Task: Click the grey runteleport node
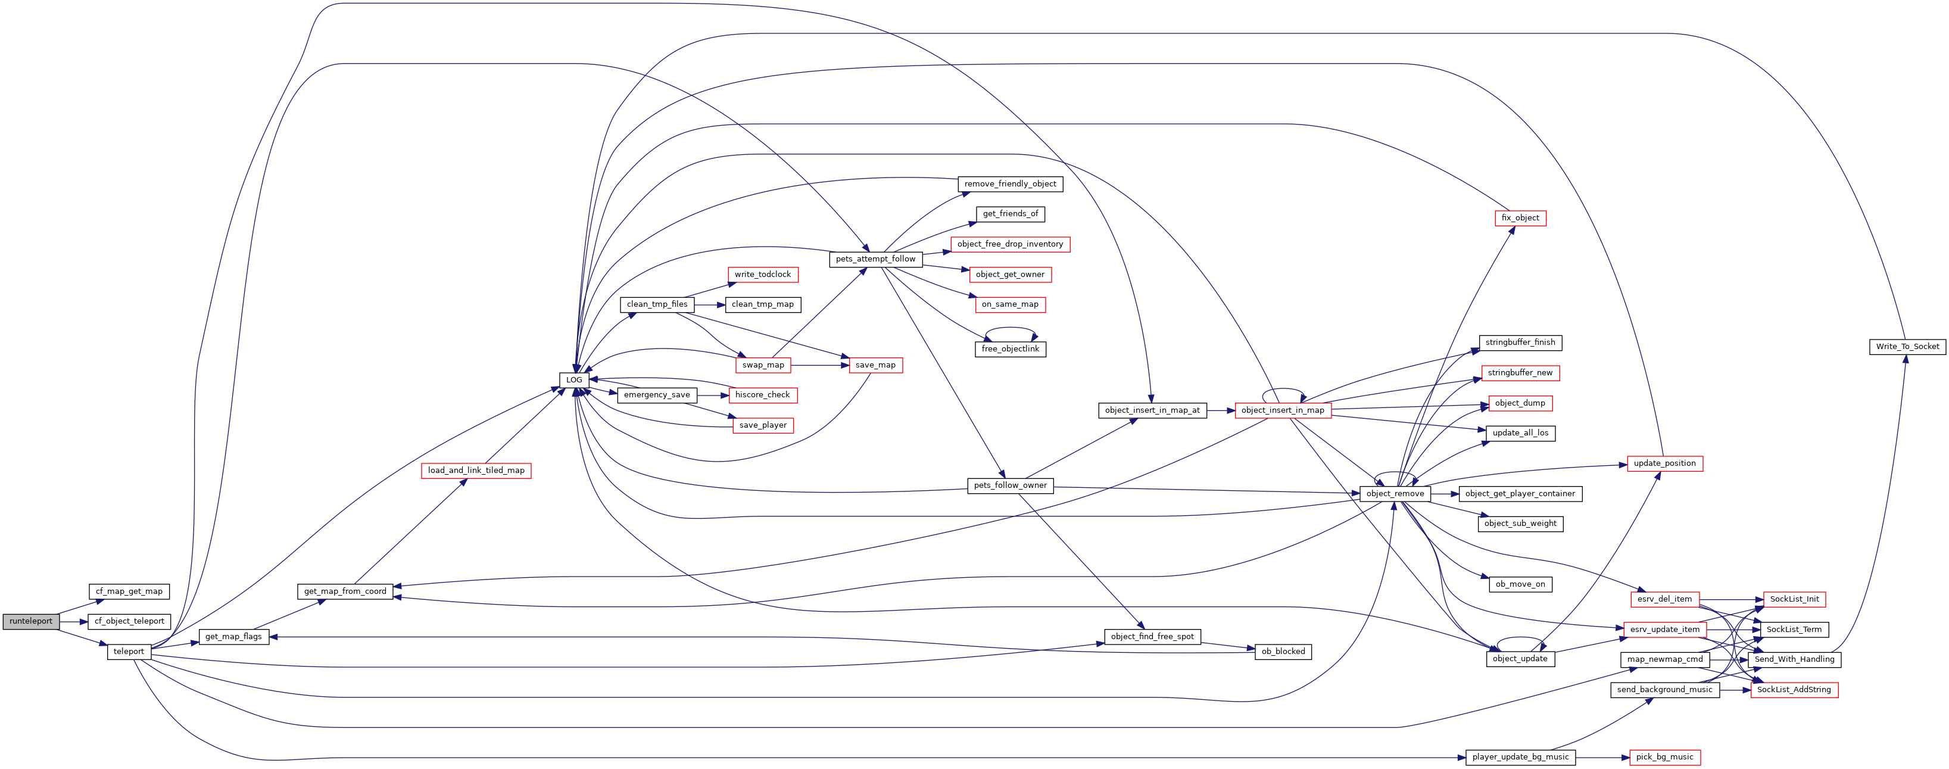point(31,621)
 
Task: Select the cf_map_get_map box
point(129,591)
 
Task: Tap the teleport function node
point(129,652)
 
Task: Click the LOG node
point(574,380)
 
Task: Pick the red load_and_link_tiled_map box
point(476,471)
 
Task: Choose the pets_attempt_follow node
point(875,259)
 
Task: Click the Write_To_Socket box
point(1907,347)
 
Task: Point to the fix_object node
point(1520,218)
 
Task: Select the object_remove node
point(1395,493)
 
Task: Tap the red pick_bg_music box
point(1664,757)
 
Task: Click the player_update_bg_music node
point(1521,757)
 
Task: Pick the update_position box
point(1664,463)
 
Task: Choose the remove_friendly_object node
point(1010,184)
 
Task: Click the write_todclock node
point(763,275)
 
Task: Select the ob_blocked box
point(1283,652)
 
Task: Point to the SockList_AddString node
point(1794,690)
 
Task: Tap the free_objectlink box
point(1010,349)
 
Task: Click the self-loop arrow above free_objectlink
point(1010,328)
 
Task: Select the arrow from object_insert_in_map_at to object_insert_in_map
point(1220,410)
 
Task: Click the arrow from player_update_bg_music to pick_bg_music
point(1602,757)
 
